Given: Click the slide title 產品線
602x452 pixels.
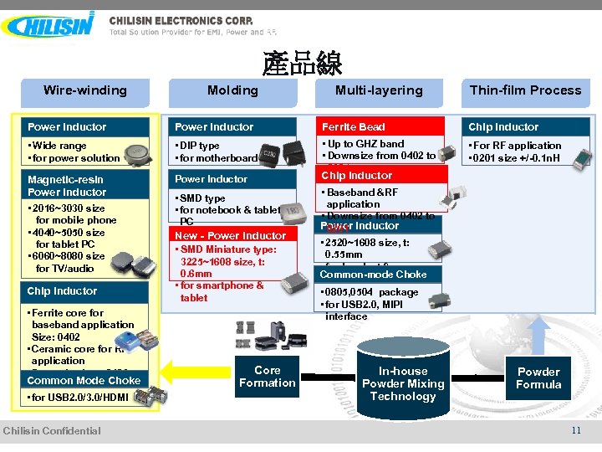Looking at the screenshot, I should pos(302,64).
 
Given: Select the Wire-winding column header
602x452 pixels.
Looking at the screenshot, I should pos(85,90).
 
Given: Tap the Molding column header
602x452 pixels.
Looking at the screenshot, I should pos(232,90).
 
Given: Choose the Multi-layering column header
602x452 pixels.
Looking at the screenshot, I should pos(379,90).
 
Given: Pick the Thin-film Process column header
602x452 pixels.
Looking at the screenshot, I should pos(525,90).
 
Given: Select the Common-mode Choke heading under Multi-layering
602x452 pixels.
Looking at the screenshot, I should pos(373,274).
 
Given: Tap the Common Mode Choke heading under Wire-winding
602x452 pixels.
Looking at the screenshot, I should pos(84,380).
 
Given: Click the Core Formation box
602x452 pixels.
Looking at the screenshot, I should pos(267,377).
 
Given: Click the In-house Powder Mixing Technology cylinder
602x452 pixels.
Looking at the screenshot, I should pos(403,383).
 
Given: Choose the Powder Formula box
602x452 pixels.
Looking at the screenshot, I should pos(538,378).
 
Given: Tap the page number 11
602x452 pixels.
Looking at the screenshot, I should pos(576,430).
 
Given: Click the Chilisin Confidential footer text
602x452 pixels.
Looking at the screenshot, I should pos(52,431).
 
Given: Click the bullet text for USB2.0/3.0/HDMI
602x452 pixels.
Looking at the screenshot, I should pos(78,398).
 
